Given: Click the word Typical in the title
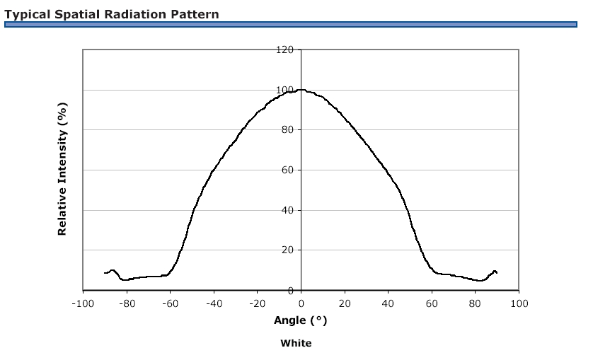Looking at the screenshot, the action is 27,15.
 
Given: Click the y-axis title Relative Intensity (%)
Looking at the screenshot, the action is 62,169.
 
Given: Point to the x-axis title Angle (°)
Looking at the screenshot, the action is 300,320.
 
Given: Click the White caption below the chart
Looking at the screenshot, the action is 296,343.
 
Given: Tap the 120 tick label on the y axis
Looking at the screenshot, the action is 284,50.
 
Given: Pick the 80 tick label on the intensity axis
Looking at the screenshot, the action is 287,129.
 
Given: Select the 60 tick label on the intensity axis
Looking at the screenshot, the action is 287,170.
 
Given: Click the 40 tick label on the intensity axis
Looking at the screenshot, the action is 287,210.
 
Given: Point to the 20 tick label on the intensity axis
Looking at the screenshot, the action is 287,250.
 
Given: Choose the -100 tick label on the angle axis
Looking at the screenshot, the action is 83,303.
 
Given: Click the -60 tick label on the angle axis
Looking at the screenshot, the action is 170,303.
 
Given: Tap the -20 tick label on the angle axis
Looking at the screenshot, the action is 257,303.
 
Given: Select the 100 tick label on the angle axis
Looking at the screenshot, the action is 519,303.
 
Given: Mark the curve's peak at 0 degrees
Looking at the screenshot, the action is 301,90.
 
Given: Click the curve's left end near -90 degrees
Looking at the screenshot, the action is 105,273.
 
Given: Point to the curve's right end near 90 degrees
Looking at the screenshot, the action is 497,272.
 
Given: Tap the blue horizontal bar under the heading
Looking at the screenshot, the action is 290,25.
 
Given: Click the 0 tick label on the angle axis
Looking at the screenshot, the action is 301,303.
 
